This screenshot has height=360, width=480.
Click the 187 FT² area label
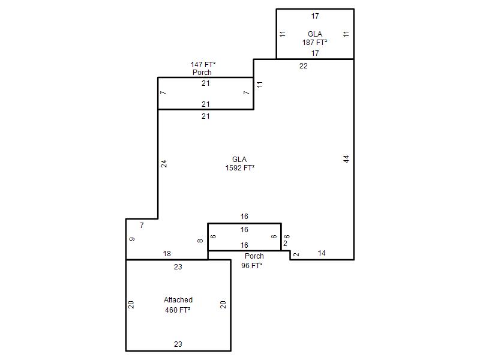click(x=314, y=42)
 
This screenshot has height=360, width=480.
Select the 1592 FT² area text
click(x=240, y=168)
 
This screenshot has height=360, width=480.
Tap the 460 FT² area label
click(x=178, y=310)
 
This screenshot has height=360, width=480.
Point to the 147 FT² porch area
click(x=203, y=65)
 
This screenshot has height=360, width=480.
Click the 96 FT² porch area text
click(x=251, y=265)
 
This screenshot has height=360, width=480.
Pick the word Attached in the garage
click(x=178, y=299)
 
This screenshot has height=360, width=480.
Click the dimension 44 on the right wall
click(x=346, y=159)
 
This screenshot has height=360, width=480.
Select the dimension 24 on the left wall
click(x=164, y=164)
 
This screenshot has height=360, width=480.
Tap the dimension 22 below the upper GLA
click(x=304, y=66)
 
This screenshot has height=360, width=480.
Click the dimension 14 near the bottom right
click(x=322, y=253)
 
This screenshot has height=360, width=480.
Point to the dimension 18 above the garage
click(x=167, y=253)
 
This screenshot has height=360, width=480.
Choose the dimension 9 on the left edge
click(x=132, y=239)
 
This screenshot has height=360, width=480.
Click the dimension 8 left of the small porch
click(x=200, y=241)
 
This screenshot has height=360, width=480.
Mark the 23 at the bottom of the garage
click(x=178, y=344)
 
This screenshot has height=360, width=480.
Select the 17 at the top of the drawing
click(x=315, y=16)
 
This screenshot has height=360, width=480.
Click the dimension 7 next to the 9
click(x=142, y=226)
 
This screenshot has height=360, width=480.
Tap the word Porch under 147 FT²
click(x=202, y=72)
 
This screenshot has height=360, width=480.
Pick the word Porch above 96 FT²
click(x=254, y=256)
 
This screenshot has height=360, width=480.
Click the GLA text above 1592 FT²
click(x=239, y=160)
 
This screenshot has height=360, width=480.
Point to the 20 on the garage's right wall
click(x=223, y=305)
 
